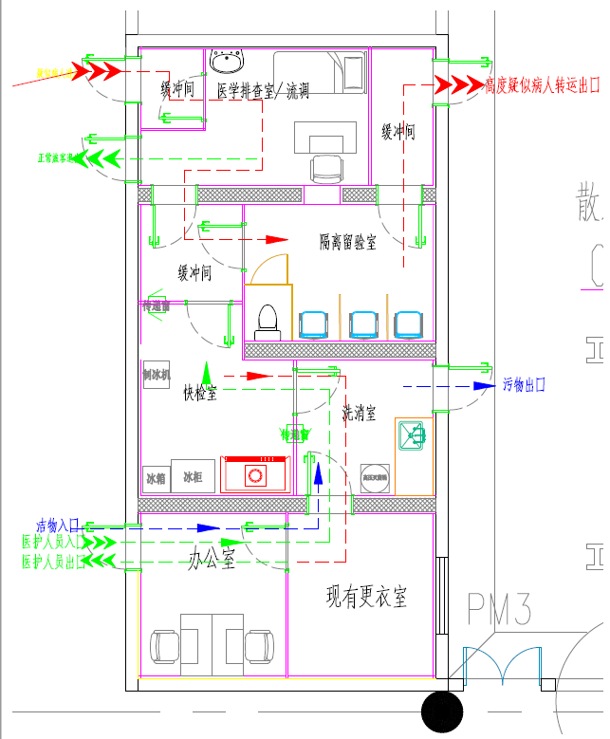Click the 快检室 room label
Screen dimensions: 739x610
point(200,393)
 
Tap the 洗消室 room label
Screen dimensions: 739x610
point(359,413)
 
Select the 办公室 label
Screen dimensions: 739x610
point(211,561)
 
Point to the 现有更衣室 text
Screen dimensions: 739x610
point(367,598)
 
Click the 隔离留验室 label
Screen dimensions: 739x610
point(347,243)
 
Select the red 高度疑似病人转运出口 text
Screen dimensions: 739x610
point(543,86)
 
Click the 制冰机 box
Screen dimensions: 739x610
point(156,375)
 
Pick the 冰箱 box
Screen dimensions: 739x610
point(156,477)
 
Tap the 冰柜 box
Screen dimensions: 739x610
point(193,476)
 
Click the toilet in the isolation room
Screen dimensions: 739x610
point(267,322)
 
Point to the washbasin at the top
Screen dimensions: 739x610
point(226,63)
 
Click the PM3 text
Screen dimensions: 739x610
point(498,610)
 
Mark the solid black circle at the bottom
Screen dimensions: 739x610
point(441,711)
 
